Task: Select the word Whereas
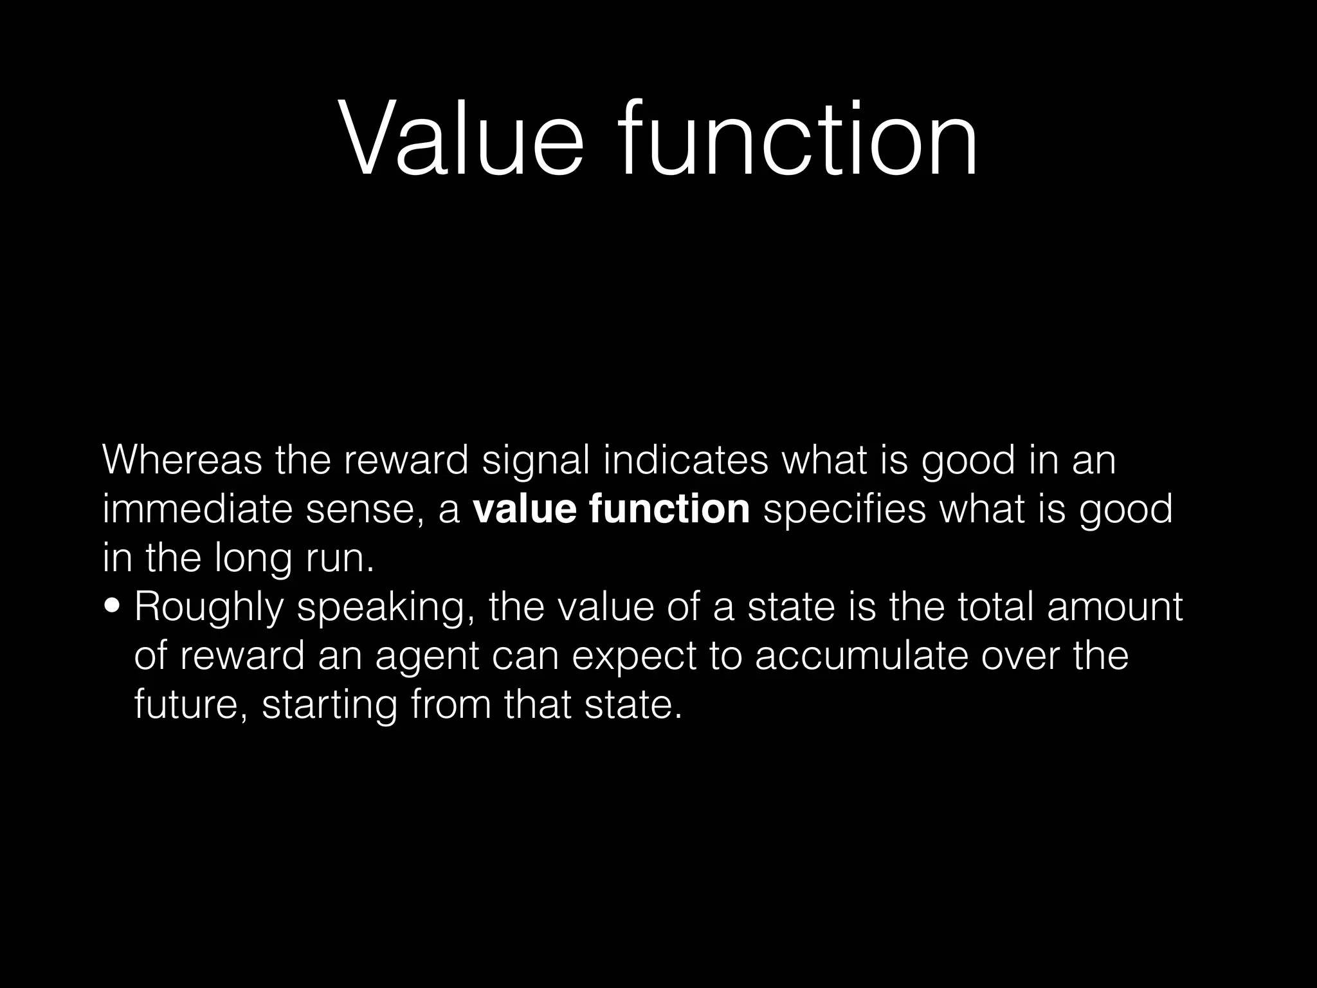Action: coord(182,461)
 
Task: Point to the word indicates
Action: coord(686,461)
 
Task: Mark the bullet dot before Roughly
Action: coord(114,606)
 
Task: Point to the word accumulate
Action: coord(861,656)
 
